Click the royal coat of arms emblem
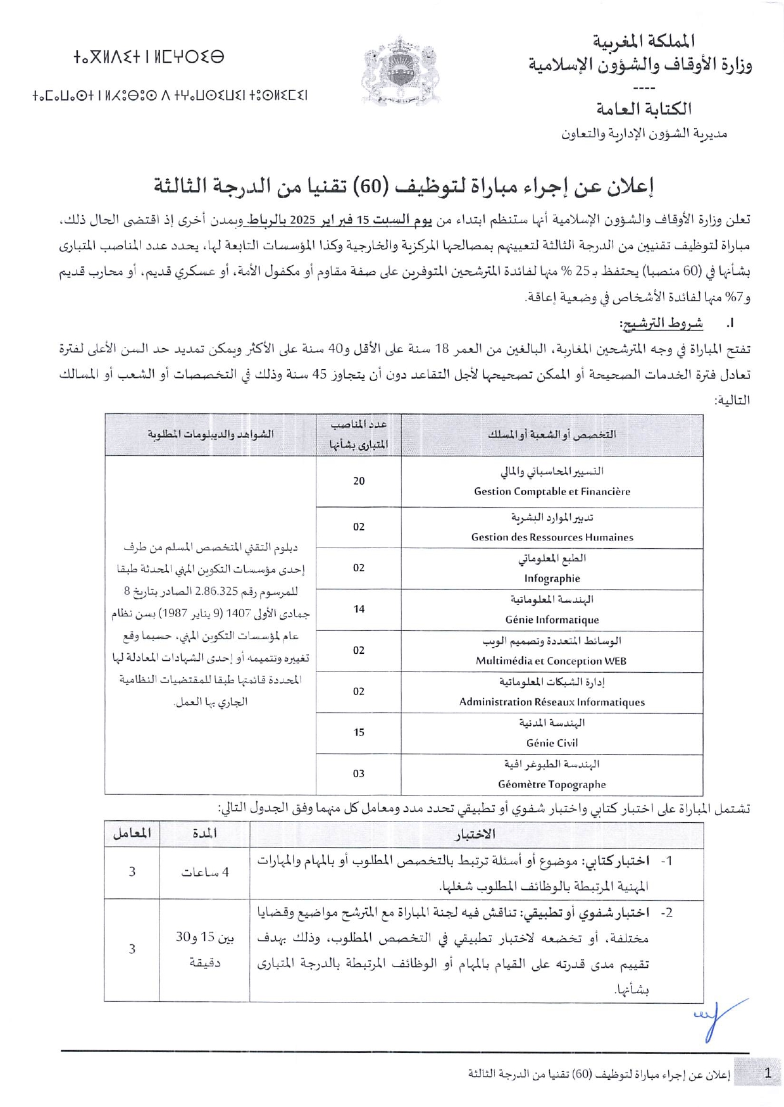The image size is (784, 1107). coord(400,71)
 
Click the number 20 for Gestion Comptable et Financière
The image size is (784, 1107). coord(359,481)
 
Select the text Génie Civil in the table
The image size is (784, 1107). coord(552,743)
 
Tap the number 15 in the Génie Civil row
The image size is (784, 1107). coord(359,732)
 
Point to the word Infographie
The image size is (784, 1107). coord(552,579)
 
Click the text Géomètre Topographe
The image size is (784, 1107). coord(552,784)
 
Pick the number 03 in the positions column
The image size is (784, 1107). coord(359,773)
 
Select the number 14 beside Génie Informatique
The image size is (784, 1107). coord(359,609)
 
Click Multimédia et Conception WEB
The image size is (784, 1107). coord(551,661)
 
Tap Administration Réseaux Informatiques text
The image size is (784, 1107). coord(552,702)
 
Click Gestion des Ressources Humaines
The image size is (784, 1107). coord(552,537)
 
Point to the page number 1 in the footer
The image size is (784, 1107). coord(768,1073)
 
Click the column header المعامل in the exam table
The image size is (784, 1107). coord(132,834)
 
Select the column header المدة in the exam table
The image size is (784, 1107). coord(204,834)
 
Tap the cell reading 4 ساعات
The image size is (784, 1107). coord(204,872)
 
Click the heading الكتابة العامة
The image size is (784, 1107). coord(644,109)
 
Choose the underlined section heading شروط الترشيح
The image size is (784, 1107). coord(661,323)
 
